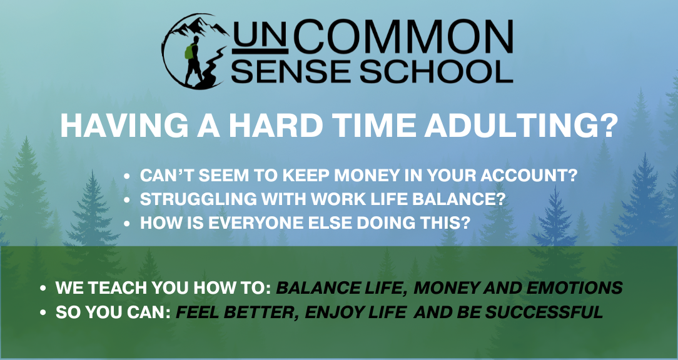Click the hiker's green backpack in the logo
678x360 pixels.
[189, 52]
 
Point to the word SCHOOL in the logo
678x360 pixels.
[437, 71]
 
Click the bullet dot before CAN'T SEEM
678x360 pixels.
[126, 176]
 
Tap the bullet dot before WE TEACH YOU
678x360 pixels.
[43, 288]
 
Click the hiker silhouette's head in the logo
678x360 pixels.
[196, 39]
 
